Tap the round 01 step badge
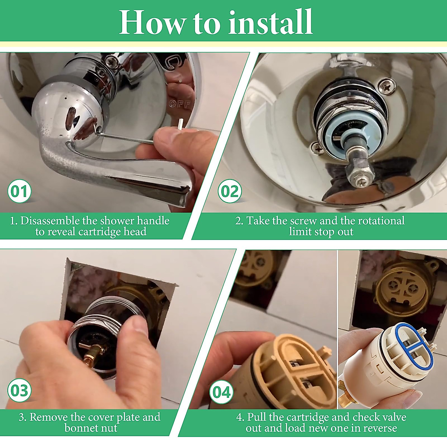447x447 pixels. pyautogui.click(x=19, y=191)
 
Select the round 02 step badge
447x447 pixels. pyautogui.click(x=230, y=191)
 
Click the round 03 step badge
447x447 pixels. pyautogui.click(x=19, y=390)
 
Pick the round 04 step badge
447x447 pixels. pyautogui.click(x=222, y=392)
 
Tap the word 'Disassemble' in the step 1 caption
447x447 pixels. pyautogui.click(x=50, y=221)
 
